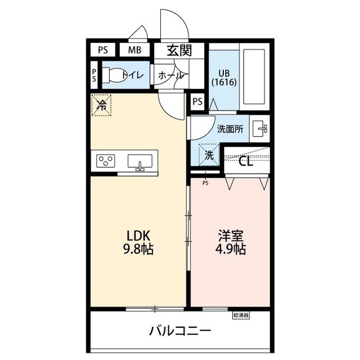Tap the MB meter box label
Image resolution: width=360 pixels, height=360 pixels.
[x=134, y=49]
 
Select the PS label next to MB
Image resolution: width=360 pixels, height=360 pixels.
[x=102, y=49]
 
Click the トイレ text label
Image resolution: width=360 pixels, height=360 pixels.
[x=133, y=75]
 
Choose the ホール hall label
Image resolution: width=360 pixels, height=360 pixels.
[x=170, y=75]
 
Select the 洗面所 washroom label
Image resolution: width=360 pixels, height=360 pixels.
[x=230, y=129]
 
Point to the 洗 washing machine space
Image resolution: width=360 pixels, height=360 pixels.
[x=209, y=155]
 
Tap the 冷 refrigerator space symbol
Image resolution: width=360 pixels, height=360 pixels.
[x=102, y=105]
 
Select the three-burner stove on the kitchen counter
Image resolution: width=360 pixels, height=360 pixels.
[x=105, y=162]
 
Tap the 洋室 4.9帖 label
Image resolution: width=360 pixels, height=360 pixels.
[x=230, y=242]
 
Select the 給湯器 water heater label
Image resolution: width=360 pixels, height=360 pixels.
[x=240, y=316]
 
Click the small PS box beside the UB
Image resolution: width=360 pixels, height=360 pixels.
[x=197, y=102]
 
